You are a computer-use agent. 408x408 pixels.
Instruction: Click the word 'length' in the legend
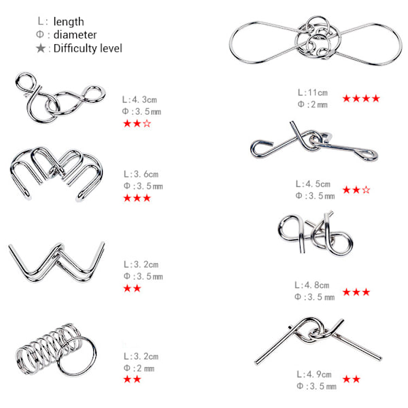[69, 22]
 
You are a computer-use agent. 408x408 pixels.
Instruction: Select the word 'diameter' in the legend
[75, 35]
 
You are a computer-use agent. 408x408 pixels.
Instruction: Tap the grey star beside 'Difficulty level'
[41, 48]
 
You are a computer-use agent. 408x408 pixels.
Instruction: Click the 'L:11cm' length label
[313, 92]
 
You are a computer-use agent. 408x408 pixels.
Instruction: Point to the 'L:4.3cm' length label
[139, 99]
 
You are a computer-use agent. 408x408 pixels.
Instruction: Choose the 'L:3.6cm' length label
[141, 174]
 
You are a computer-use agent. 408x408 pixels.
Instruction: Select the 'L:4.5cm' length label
[313, 184]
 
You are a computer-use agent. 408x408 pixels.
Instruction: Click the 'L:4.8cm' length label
[312, 285]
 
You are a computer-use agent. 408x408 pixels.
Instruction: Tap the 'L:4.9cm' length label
[314, 374]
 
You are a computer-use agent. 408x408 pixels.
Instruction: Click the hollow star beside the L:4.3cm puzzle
[147, 123]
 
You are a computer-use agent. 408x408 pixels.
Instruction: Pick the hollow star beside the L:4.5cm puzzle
[366, 190]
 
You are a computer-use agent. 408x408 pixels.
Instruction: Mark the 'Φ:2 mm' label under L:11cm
[313, 105]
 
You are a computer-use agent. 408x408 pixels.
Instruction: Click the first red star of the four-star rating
[347, 99]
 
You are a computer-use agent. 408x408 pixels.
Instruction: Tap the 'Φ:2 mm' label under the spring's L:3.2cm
[139, 368]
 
